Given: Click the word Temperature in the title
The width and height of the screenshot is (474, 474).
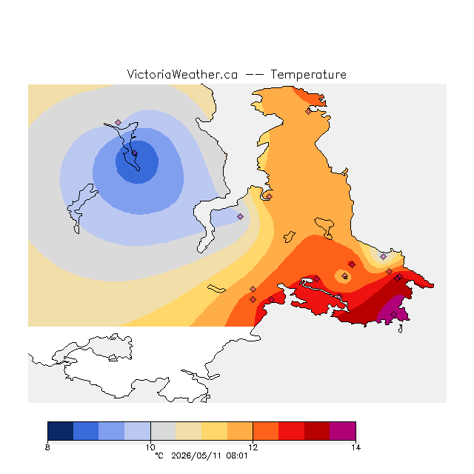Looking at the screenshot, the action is point(308,74).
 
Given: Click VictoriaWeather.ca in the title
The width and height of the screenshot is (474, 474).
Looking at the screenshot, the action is point(182,74).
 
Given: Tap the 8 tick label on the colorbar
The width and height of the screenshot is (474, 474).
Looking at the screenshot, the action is point(47,447).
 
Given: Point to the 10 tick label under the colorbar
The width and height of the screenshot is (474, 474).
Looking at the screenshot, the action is point(150,447).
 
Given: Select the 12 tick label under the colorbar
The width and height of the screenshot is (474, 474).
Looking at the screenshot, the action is point(253,447).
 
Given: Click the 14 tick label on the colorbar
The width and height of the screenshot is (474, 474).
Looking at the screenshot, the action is point(355,447).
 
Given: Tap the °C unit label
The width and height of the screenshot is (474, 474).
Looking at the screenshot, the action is point(159,456).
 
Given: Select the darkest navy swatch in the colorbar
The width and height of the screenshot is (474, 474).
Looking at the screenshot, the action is point(61,431).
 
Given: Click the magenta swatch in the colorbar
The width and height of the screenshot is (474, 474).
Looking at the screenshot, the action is point(343,431).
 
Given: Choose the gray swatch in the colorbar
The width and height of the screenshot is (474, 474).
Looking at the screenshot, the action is point(163,431).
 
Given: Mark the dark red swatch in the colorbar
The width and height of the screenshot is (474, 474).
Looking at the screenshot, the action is point(317,431).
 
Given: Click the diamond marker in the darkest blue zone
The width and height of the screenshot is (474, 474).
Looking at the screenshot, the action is point(135,153).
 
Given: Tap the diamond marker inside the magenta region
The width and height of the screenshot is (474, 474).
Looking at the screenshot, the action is point(393,314).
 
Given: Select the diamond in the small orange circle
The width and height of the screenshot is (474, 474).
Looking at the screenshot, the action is point(344,276).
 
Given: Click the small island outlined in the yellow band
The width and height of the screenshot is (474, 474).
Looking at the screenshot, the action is point(216,288).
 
